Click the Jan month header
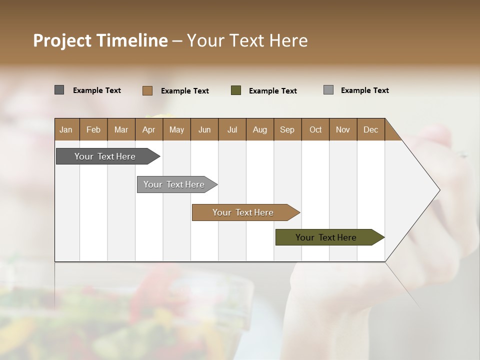pos(66,129)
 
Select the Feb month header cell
pos(93,129)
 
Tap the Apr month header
pos(148,129)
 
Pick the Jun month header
pos(204,129)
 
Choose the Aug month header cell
pos(259,129)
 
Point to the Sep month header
pos(287,129)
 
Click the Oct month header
pos(315,129)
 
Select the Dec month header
pos(370,129)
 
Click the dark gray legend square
pos(59,90)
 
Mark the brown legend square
pos(147,90)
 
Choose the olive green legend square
pos(236,90)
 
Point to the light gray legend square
pos(328,90)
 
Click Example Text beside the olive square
pos(272,91)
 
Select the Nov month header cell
pos(343,129)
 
